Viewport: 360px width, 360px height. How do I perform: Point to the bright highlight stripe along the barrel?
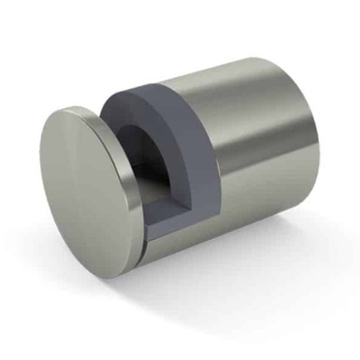coord(257,116)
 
